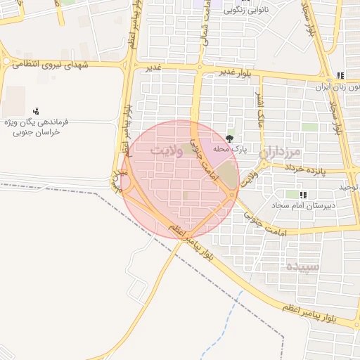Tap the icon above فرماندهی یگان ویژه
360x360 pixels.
[x=36, y=111]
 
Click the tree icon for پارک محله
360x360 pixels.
[x=230, y=138]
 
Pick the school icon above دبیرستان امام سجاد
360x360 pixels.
[x=303, y=195]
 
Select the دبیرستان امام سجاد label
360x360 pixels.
[x=307, y=206]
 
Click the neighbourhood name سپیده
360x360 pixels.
[x=302, y=266]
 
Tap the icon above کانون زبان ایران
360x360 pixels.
[x=341, y=75]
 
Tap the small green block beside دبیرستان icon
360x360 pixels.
[x=290, y=194]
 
